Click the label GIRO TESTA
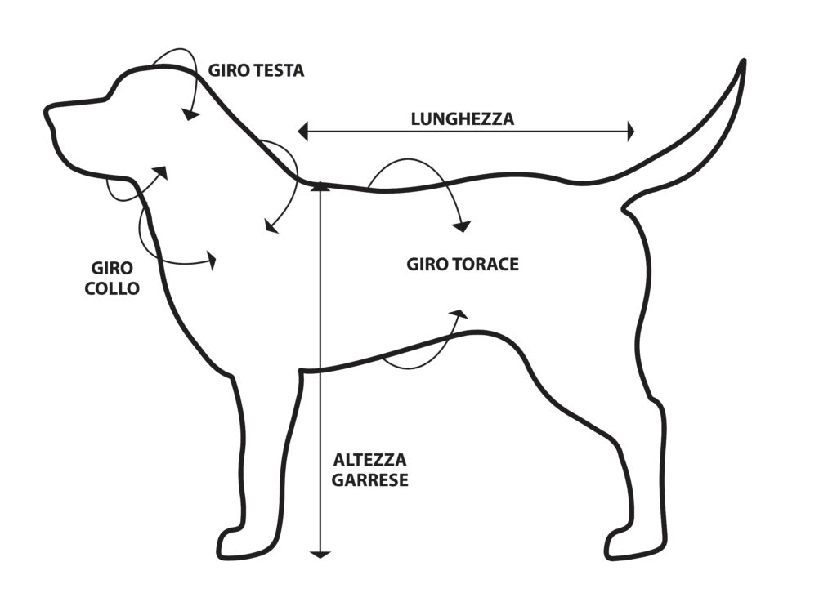point(256,70)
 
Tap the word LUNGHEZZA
point(463,118)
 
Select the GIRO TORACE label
point(463,265)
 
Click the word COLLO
point(112,288)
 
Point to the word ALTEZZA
point(369,460)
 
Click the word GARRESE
point(370,480)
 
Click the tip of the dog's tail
point(743,62)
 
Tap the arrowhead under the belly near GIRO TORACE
point(460,313)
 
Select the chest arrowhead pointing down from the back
point(463,225)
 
